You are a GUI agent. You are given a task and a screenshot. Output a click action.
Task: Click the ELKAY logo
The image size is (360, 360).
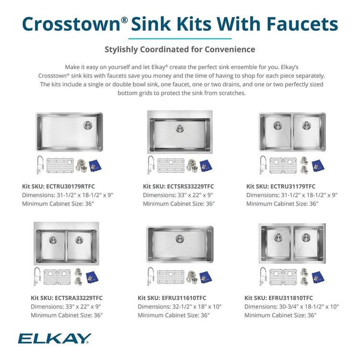pos(54,339)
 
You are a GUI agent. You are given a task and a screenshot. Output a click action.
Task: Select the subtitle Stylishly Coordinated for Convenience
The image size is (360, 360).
pos(180,49)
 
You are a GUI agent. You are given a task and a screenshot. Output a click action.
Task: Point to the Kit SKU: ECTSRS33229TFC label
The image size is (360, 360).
pos(179,186)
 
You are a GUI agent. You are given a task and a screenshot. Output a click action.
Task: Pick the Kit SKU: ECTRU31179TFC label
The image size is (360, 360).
pos(281,186)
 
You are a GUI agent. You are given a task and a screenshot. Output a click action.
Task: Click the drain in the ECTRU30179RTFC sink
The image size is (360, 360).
pos(88,125)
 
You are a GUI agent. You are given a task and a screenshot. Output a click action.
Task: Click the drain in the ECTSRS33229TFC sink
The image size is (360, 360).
pos(180,128)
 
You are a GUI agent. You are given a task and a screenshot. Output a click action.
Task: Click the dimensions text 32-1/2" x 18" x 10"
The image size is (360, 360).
pos(180,307)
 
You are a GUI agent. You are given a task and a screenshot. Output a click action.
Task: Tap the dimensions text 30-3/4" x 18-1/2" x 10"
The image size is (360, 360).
pos(291,307)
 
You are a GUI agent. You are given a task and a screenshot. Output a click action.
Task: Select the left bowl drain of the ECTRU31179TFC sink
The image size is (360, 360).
pos(277,125)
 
